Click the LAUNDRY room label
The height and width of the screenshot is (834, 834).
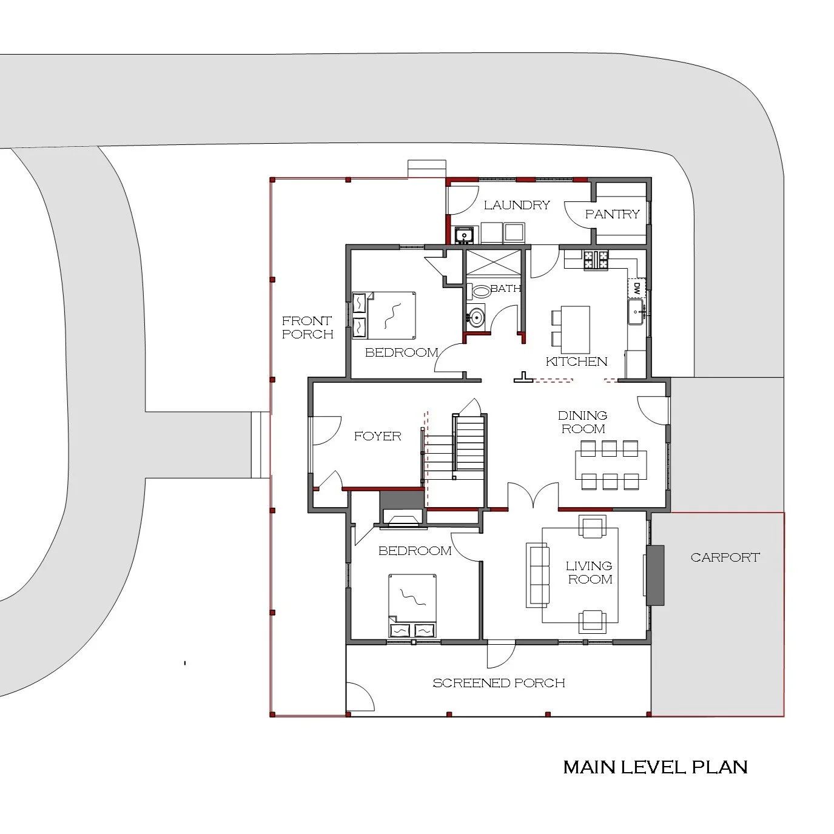(x=517, y=205)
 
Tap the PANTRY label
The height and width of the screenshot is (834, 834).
(x=612, y=214)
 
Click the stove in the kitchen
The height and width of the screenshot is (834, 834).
(x=596, y=260)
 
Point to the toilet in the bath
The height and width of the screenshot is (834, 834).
(x=480, y=291)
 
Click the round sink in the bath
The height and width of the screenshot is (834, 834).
(x=477, y=317)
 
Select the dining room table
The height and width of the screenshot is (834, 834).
(x=610, y=465)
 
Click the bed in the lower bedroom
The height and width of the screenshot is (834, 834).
(x=412, y=604)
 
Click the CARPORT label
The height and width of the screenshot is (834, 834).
(x=725, y=557)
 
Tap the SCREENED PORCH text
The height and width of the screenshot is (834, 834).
(x=499, y=683)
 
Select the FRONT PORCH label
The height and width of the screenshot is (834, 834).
(x=308, y=327)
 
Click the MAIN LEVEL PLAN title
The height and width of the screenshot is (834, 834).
(x=655, y=767)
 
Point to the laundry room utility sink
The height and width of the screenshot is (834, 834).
(x=465, y=234)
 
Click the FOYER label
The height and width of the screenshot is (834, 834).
(x=377, y=435)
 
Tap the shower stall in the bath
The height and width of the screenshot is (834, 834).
(x=493, y=263)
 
